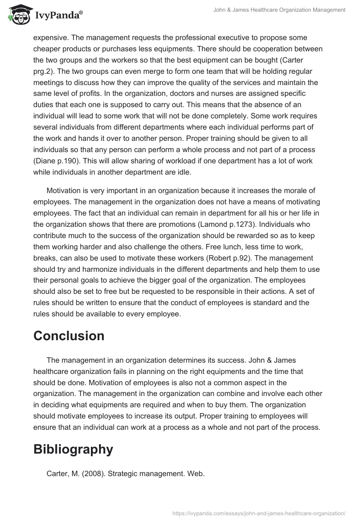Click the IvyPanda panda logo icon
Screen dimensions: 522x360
[18, 15]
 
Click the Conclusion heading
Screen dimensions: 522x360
[69, 336]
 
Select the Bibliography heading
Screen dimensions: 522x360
[73, 449]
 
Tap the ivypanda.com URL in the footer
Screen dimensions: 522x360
[259, 513]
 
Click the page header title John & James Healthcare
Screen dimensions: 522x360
[279, 9]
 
